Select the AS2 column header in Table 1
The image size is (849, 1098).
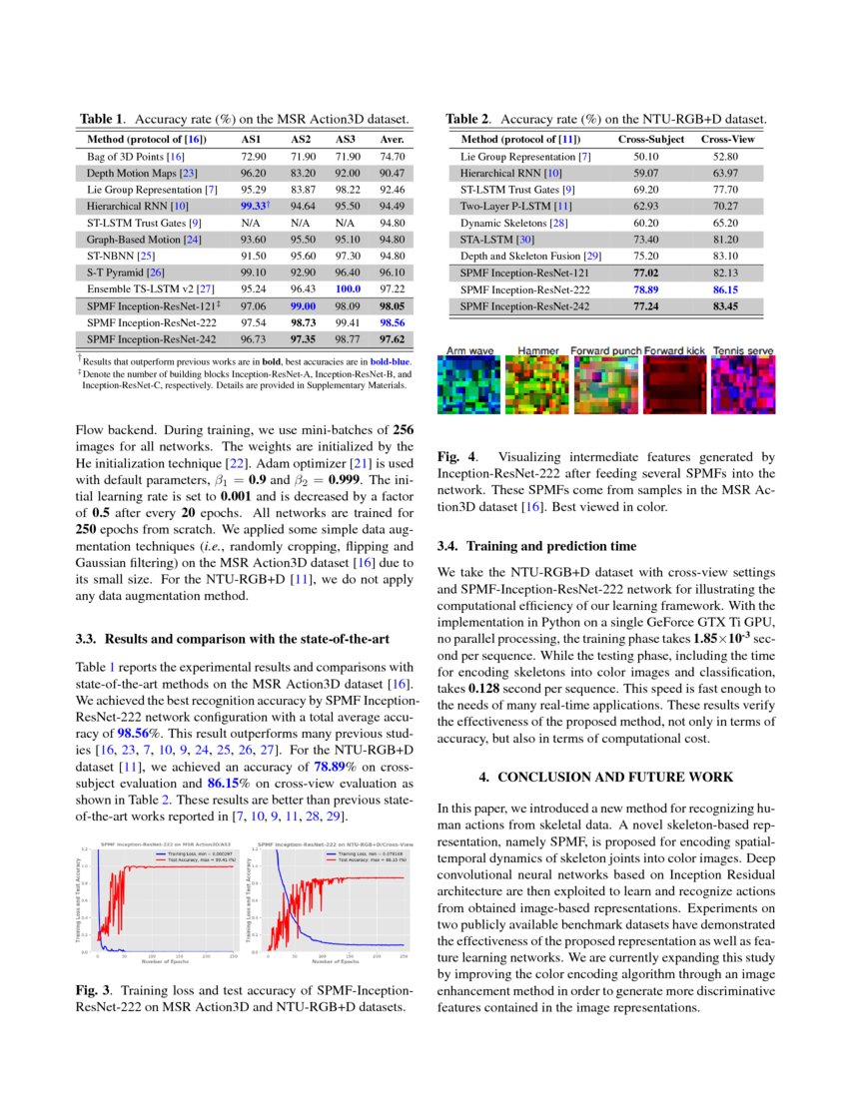pos(303,140)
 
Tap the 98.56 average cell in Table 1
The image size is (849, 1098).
pos(392,323)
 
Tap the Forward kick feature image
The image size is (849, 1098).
pos(674,386)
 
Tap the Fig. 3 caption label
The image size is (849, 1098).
pos(93,989)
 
